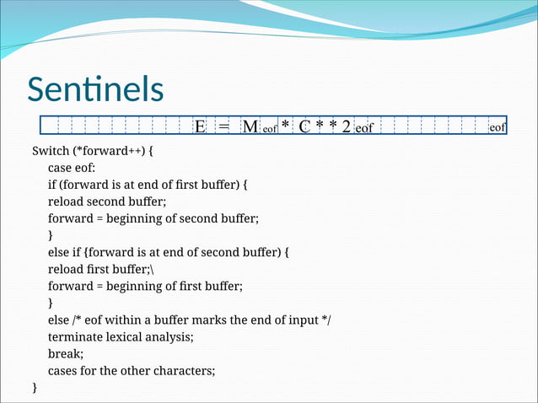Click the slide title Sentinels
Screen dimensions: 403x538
[x=94, y=89]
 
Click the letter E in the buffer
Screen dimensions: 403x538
[x=200, y=127]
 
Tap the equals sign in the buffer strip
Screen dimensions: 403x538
[x=223, y=127]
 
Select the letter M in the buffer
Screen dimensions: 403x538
[x=250, y=127]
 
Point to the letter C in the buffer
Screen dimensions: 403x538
[x=306, y=127]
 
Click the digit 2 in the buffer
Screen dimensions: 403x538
[x=347, y=127]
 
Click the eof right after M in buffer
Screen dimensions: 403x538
[x=270, y=129]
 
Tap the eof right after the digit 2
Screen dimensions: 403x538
[x=364, y=129]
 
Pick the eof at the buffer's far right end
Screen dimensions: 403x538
[x=498, y=127]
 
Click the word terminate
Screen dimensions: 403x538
[x=76, y=336]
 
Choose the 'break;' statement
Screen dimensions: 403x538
[x=66, y=353]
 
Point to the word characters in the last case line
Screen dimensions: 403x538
[x=186, y=370]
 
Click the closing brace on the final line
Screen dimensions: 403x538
[x=35, y=387]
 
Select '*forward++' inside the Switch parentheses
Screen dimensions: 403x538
[x=109, y=151]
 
